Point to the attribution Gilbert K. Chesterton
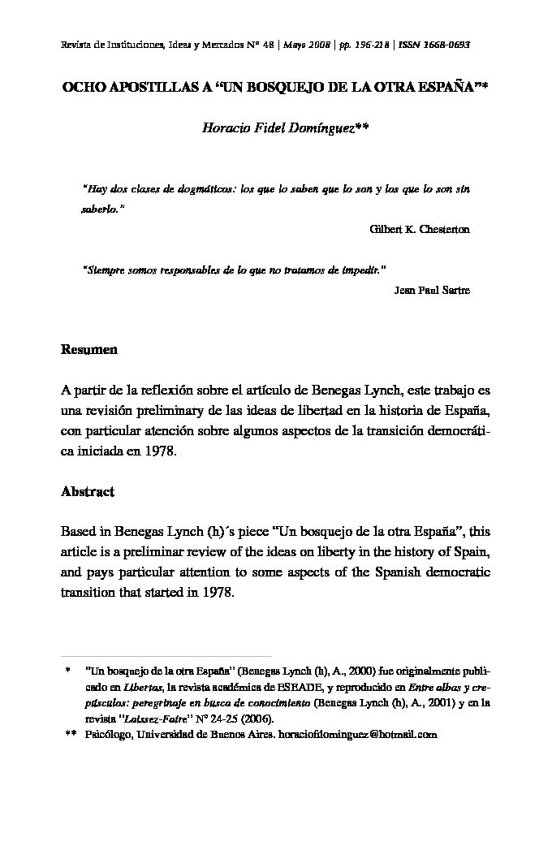[x=420, y=229]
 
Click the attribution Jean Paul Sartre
[x=431, y=290]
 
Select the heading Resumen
[x=89, y=350]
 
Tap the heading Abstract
[x=88, y=492]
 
